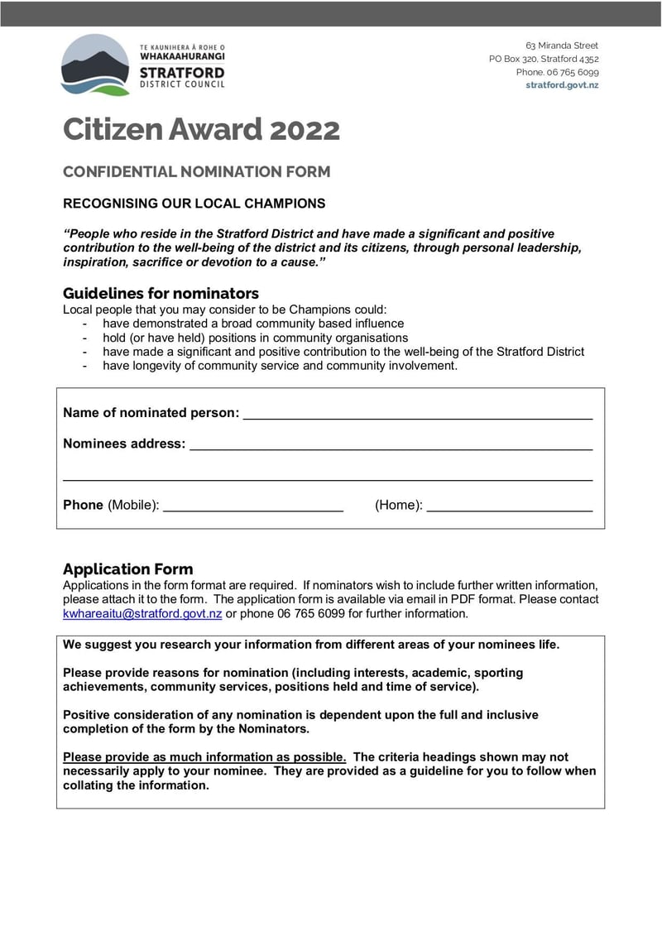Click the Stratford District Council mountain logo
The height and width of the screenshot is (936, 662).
point(95,65)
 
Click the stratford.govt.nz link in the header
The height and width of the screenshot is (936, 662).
point(562,85)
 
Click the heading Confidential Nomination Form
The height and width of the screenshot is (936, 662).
point(196,172)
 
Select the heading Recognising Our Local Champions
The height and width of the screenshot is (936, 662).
point(194,204)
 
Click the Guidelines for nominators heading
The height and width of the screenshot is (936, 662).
point(161,293)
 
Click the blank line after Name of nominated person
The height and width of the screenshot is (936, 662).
point(417,413)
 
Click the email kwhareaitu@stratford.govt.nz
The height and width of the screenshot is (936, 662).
point(142,614)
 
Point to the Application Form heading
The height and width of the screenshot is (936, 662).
point(127,569)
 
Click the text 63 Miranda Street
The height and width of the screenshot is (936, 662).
point(562,46)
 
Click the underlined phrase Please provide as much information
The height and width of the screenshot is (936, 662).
point(204,757)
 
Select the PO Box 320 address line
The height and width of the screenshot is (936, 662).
point(544,59)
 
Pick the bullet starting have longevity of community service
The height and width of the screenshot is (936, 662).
point(280,366)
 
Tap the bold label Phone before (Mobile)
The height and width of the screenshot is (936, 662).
point(83,505)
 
